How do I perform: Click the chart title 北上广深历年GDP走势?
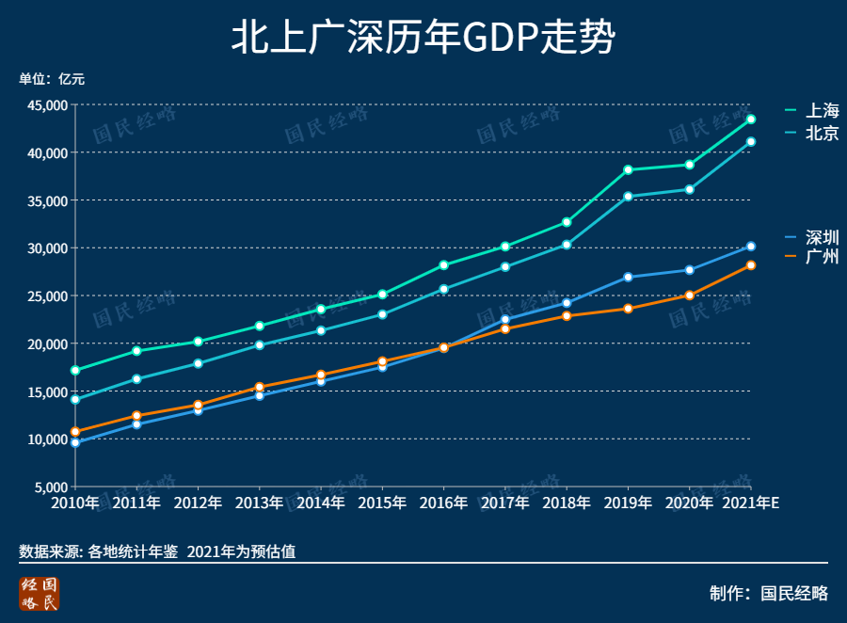[423, 40]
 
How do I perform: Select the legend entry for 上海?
[811, 111]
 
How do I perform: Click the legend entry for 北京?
[811, 134]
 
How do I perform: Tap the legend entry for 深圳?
[811, 236]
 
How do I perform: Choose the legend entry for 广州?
[811, 256]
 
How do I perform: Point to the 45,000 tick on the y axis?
[46, 105]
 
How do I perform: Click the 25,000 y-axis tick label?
[46, 296]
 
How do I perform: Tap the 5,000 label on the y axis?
[50, 487]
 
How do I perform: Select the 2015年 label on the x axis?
[382, 503]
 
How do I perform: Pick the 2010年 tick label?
[75, 503]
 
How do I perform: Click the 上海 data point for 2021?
[751, 120]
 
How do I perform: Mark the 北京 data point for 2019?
[628, 197]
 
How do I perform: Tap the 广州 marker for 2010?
[75, 432]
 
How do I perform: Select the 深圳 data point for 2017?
[505, 320]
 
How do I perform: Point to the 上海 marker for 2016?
[444, 265]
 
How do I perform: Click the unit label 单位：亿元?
[52, 79]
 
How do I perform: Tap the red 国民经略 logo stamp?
[40, 594]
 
